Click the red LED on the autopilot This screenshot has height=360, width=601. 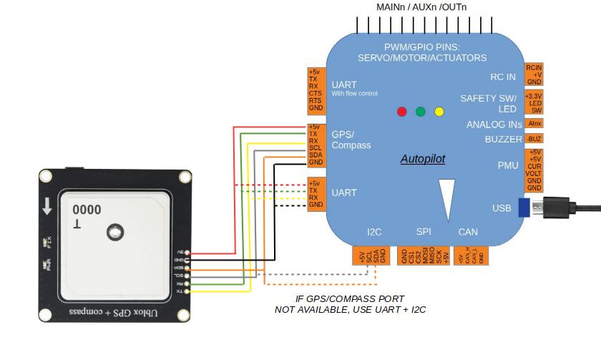pyautogui.click(x=402, y=112)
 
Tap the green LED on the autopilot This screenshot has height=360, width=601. pyautogui.click(x=421, y=112)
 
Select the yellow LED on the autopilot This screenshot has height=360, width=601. pyautogui.click(x=439, y=112)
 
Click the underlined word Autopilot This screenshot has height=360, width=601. pyautogui.click(x=423, y=159)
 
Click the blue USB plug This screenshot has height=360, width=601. pyautogui.click(x=524, y=208)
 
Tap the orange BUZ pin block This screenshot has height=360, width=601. pyautogui.click(x=534, y=139)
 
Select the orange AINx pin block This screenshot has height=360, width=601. pyautogui.click(x=534, y=124)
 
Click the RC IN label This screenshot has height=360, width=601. pyautogui.click(x=502, y=77)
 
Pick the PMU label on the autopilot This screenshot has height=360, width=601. pyautogui.click(x=508, y=165)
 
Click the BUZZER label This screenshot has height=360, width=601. pyautogui.click(x=503, y=139)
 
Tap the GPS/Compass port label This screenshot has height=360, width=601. pyautogui.click(x=351, y=140)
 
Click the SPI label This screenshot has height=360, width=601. pyautogui.click(x=424, y=232)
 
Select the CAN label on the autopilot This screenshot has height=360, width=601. pyautogui.click(x=468, y=232)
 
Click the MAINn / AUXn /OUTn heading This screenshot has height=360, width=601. pyautogui.click(x=421, y=6)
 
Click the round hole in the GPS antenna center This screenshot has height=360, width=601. pyautogui.click(x=113, y=232)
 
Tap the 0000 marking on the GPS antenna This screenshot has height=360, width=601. pyautogui.click(x=86, y=210)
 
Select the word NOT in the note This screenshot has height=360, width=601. pyautogui.click(x=285, y=310)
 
